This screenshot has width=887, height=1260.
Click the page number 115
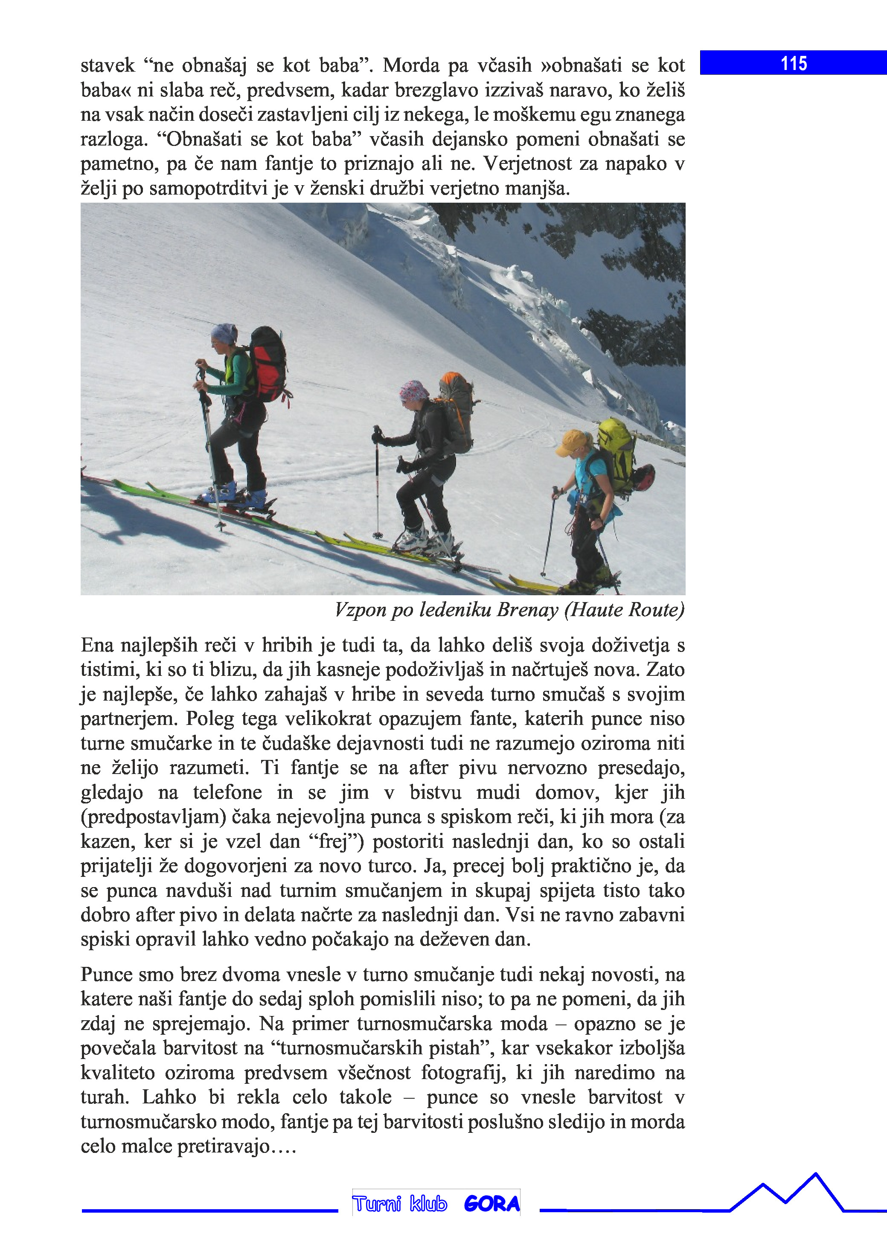tap(794, 64)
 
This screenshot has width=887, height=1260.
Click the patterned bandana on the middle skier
tap(413, 391)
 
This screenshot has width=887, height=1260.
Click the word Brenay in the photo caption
tap(527, 610)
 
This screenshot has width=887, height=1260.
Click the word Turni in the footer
tap(377, 1204)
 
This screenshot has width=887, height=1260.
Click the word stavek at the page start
tap(107, 66)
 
